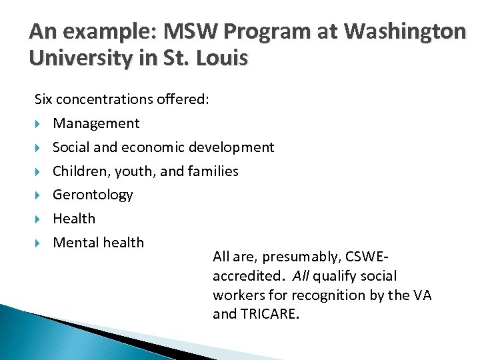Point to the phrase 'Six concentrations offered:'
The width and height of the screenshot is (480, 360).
click(122, 99)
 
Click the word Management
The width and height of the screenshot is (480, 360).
click(96, 123)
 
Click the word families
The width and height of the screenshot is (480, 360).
click(213, 171)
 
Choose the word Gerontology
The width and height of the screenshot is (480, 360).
click(93, 195)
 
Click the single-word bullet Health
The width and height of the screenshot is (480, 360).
click(74, 219)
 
